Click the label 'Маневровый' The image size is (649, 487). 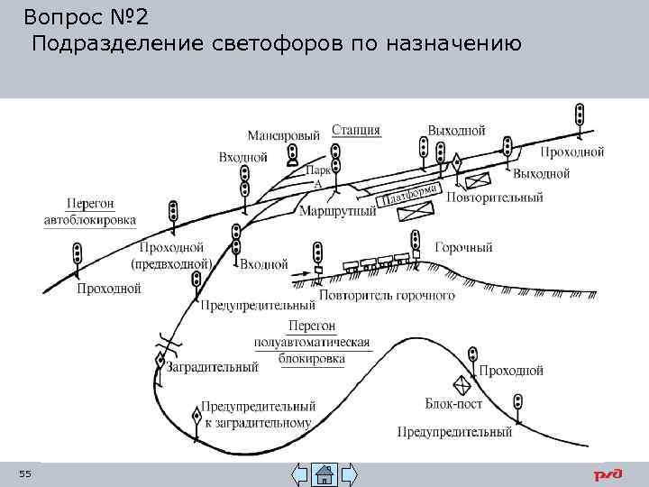click(x=283, y=136)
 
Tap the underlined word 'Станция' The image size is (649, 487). click(x=356, y=130)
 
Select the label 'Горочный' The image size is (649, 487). click(x=463, y=246)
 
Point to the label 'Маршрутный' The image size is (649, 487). click(x=336, y=213)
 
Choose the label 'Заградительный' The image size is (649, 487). click(x=215, y=367)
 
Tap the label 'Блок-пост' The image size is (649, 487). click(x=453, y=404)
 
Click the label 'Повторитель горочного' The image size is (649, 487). click(x=387, y=296)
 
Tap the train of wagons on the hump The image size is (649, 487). click(x=374, y=262)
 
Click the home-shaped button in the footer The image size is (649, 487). click(x=324, y=473)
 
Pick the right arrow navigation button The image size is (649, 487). click(x=348, y=473)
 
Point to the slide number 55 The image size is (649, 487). click(x=24, y=474)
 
